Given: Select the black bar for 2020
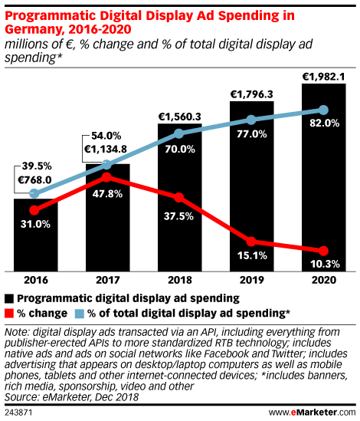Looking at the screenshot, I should pyautogui.click(x=323, y=176).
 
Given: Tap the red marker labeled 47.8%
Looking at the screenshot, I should pyautogui.click(x=106, y=177).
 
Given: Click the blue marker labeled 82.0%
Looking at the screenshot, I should pyautogui.click(x=323, y=110).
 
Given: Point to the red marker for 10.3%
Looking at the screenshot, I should pyautogui.click(x=323, y=251).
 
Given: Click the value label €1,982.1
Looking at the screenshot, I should pyautogui.click(x=323, y=75).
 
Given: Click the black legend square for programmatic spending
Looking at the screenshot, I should pyautogui.click(x=9, y=298).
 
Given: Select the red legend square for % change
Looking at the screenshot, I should pyautogui.click(x=9, y=313).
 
